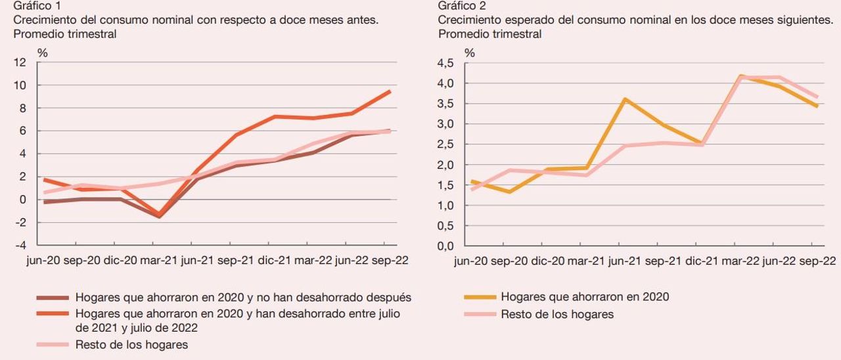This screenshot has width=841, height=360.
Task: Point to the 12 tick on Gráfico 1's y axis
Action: click(20, 62)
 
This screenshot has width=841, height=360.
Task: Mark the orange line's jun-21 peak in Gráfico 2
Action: click(624, 99)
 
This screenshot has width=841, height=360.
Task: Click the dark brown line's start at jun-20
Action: click(44, 202)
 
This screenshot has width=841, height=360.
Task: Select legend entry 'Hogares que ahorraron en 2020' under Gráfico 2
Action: click(585, 297)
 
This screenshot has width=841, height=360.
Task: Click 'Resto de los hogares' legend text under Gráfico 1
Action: click(131, 345)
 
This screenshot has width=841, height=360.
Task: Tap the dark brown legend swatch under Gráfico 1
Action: click(52, 298)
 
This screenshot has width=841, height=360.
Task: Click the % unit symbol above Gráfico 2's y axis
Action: click(470, 53)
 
